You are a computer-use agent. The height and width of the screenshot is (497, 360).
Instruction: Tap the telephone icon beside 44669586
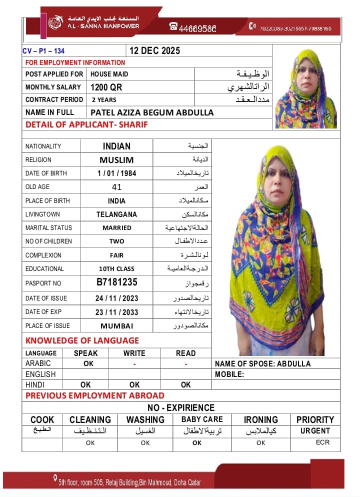click(x=173, y=27)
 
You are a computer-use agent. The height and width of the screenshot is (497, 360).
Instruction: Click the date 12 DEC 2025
click(x=154, y=51)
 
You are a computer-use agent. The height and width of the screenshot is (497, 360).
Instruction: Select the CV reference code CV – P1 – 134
click(x=43, y=51)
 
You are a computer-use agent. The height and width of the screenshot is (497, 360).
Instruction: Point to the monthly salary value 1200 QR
click(x=106, y=87)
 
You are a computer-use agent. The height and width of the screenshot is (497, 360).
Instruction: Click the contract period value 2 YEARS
click(x=104, y=100)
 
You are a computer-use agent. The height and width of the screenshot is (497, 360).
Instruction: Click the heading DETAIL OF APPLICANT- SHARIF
click(x=86, y=124)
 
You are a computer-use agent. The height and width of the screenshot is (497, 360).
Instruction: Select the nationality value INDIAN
click(x=116, y=146)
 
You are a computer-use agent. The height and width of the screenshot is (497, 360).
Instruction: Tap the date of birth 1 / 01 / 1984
click(x=116, y=173)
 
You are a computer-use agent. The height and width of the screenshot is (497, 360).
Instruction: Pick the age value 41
click(x=116, y=187)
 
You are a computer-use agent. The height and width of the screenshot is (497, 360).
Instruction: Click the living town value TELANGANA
click(x=116, y=214)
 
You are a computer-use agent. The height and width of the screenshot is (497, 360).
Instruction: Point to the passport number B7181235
click(x=116, y=282)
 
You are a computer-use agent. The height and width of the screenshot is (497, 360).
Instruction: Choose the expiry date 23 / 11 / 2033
click(x=116, y=312)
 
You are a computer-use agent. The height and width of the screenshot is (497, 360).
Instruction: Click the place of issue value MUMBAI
click(x=116, y=326)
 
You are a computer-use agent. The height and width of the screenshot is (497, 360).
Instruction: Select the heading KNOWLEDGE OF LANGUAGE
click(x=82, y=340)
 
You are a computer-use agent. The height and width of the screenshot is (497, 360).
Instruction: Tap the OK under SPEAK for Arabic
click(x=88, y=364)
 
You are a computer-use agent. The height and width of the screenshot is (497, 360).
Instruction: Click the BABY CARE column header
click(x=202, y=419)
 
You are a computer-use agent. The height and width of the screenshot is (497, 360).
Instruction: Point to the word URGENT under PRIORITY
click(x=315, y=431)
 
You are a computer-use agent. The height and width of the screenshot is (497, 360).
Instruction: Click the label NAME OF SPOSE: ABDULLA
click(x=262, y=363)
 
